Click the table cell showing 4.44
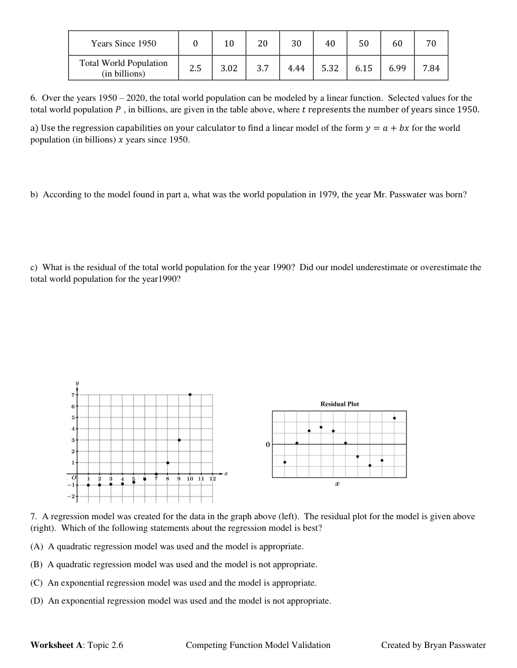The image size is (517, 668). pyautogui.click(x=296, y=68)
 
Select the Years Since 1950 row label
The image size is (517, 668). pyautogui.click(x=124, y=43)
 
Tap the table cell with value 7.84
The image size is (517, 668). pyautogui.click(x=431, y=68)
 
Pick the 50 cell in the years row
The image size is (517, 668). pyautogui.click(x=364, y=43)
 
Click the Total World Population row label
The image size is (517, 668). pyautogui.click(x=124, y=68)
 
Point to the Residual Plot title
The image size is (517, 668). pyautogui.click(x=340, y=404)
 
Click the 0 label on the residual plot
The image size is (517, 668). pyautogui.click(x=268, y=445)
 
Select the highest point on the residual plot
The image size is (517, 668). pyautogui.click(x=394, y=418)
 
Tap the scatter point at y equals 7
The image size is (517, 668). pyautogui.click(x=190, y=394)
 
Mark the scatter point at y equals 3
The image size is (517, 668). pyautogui.click(x=179, y=440)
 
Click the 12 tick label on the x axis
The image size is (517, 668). pyautogui.click(x=213, y=479)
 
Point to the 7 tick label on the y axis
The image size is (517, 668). pyautogui.click(x=73, y=395)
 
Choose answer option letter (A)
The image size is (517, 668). pyautogui.click(x=37, y=547)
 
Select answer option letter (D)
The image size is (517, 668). pyautogui.click(x=37, y=601)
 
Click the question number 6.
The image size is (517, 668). pyautogui.click(x=33, y=98)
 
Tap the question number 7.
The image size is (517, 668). pyautogui.click(x=33, y=517)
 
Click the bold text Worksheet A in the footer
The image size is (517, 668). pyautogui.click(x=57, y=645)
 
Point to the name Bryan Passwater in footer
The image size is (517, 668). pyautogui.click(x=455, y=645)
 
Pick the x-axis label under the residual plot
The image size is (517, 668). pyautogui.click(x=337, y=484)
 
